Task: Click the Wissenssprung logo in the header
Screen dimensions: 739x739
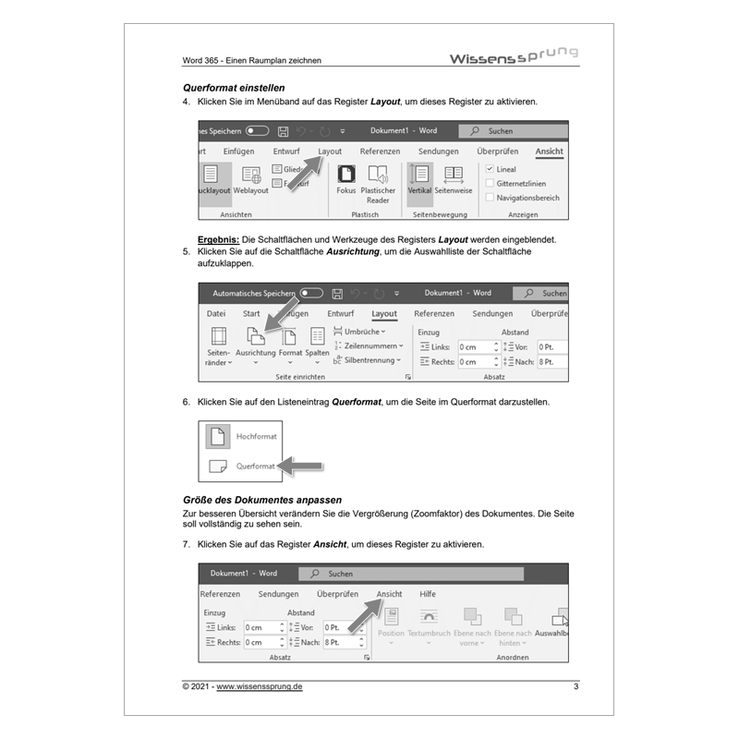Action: (x=513, y=56)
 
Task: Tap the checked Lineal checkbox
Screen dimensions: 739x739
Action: (x=490, y=170)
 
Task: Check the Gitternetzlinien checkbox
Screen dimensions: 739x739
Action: (x=490, y=184)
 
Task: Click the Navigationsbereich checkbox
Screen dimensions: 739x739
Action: (x=490, y=198)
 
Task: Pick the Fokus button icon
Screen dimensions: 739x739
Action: (x=346, y=174)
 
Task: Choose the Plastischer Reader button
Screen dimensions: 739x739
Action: (x=378, y=183)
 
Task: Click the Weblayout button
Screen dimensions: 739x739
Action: (x=250, y=179)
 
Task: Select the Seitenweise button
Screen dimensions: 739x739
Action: (x=454, y=179)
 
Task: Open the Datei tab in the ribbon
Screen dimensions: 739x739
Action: (x=216, y=314)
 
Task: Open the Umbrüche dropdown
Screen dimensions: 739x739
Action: (x=360, y=332)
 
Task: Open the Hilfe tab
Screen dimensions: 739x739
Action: (x=428, y=594)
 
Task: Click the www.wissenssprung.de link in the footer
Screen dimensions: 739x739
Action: (x=260, y=686)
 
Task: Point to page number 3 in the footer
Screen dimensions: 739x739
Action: (x=575, y=686)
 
